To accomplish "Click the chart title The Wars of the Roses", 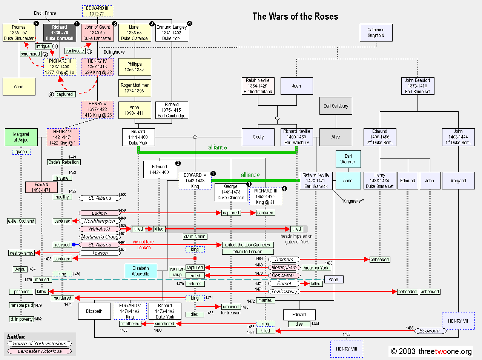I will pos(295,16).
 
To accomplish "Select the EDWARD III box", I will pos(97,11).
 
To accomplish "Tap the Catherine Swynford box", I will pos(376,32).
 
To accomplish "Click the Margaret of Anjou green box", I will pos(21,137).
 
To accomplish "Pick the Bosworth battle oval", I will pos(430,331).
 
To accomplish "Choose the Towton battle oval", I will pos(100,253).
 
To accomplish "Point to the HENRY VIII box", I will pos(347,349).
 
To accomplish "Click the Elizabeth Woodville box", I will pos(141,271).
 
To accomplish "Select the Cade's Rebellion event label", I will pos(64,162).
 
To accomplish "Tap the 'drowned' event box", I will pos(231,307).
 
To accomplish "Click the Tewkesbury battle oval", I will pos(284,291).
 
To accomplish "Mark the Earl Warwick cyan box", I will pos(348,159).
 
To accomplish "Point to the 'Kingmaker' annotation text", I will pos(352,201).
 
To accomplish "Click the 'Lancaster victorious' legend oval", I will pos(40,351).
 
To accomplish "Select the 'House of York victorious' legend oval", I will pos(40,343).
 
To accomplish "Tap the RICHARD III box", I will pos(266,196).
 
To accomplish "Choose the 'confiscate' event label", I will pos(75,51).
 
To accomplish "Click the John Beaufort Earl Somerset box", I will pos(418,86).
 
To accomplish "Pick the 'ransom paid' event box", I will pos(21,305).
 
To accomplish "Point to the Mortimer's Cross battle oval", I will pos(100,237).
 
